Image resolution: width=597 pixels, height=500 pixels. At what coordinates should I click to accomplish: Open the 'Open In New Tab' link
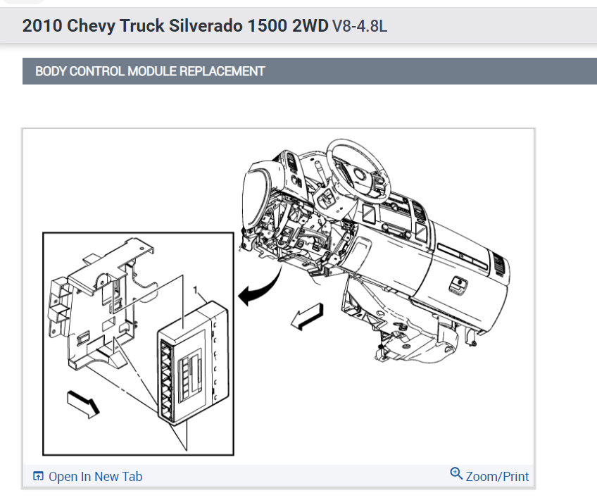tap(95, 477)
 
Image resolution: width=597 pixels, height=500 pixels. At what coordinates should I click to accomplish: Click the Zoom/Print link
tap(497, 477)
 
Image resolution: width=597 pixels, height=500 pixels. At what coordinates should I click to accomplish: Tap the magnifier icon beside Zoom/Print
tap(456, 474)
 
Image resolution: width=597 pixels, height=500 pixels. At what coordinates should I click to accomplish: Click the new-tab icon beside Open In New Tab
tap(39, 477)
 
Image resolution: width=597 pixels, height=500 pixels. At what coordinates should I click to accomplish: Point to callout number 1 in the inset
tap(196, 289)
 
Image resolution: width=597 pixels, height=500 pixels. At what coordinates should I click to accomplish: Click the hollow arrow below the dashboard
tap(307, 316)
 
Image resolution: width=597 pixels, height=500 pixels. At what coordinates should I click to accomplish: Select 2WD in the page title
tap(310, 26)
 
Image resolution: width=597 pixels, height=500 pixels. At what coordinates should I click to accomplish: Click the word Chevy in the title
tap(84, 26)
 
